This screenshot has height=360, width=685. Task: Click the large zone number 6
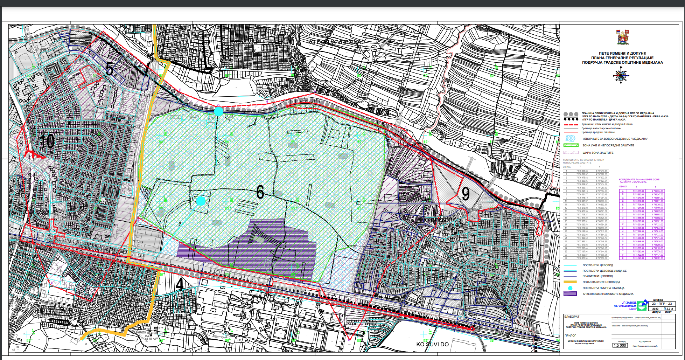pos(260,192)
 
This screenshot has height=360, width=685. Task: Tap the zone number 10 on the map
pos(47,141)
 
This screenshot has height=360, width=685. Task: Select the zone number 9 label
pos(466,194)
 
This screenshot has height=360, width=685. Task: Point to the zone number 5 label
pos(109,69)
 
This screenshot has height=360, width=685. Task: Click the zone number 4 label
pos(179,284)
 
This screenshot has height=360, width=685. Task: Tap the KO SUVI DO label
pos(432,344)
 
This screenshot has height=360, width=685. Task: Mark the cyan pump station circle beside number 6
pos(201,201)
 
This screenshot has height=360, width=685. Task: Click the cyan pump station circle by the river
pos(218,111)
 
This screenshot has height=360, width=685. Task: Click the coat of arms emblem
pos(623,37)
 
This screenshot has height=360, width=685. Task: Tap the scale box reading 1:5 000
pos(620,345)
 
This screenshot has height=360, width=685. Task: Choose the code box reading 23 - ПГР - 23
pos(662,304)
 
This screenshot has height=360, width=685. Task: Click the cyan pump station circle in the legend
pos(570,288)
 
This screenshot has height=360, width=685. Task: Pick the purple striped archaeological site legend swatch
pos(570,294)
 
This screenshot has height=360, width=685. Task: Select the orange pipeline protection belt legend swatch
pos(570,282)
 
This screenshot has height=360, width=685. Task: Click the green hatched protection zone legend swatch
pos(570,145)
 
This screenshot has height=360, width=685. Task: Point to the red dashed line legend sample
pos(570,124)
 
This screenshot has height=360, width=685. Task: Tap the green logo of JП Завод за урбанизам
pos(642,306)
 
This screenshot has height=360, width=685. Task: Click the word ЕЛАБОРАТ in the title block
pos(572,317)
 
